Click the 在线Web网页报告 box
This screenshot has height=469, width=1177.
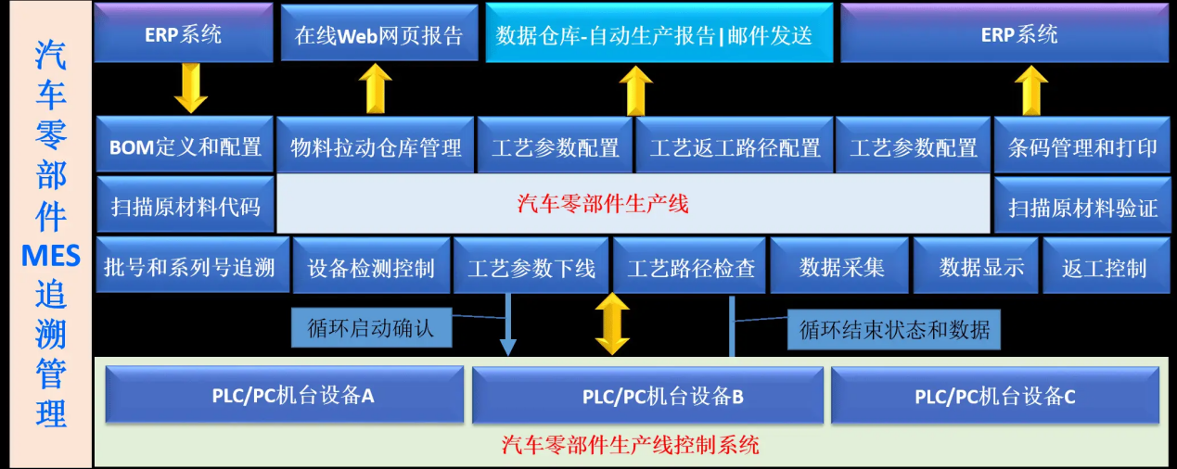pos(378,35)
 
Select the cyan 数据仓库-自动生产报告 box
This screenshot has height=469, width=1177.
pos(654,35)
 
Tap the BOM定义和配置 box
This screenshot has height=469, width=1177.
pos(185,146)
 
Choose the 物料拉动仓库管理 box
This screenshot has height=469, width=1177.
pos(376,146)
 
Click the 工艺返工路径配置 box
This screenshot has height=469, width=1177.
pos(735,146)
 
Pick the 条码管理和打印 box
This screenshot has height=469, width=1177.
pos(1082,146)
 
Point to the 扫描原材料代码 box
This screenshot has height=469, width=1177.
pos(185,206)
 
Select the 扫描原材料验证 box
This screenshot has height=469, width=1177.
pos(1082,207)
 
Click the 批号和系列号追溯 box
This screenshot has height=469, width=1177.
pos(189,268)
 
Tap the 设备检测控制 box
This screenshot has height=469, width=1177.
pos(370,268)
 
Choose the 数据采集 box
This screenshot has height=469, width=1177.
pos(841,268)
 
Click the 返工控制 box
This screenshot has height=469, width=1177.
pos(1104,268)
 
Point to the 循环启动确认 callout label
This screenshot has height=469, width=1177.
pos(370,327)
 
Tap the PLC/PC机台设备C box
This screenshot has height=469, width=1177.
pos(994,396)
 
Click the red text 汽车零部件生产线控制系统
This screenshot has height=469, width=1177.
pos(630,446)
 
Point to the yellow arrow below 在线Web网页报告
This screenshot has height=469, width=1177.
pos(375,88)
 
